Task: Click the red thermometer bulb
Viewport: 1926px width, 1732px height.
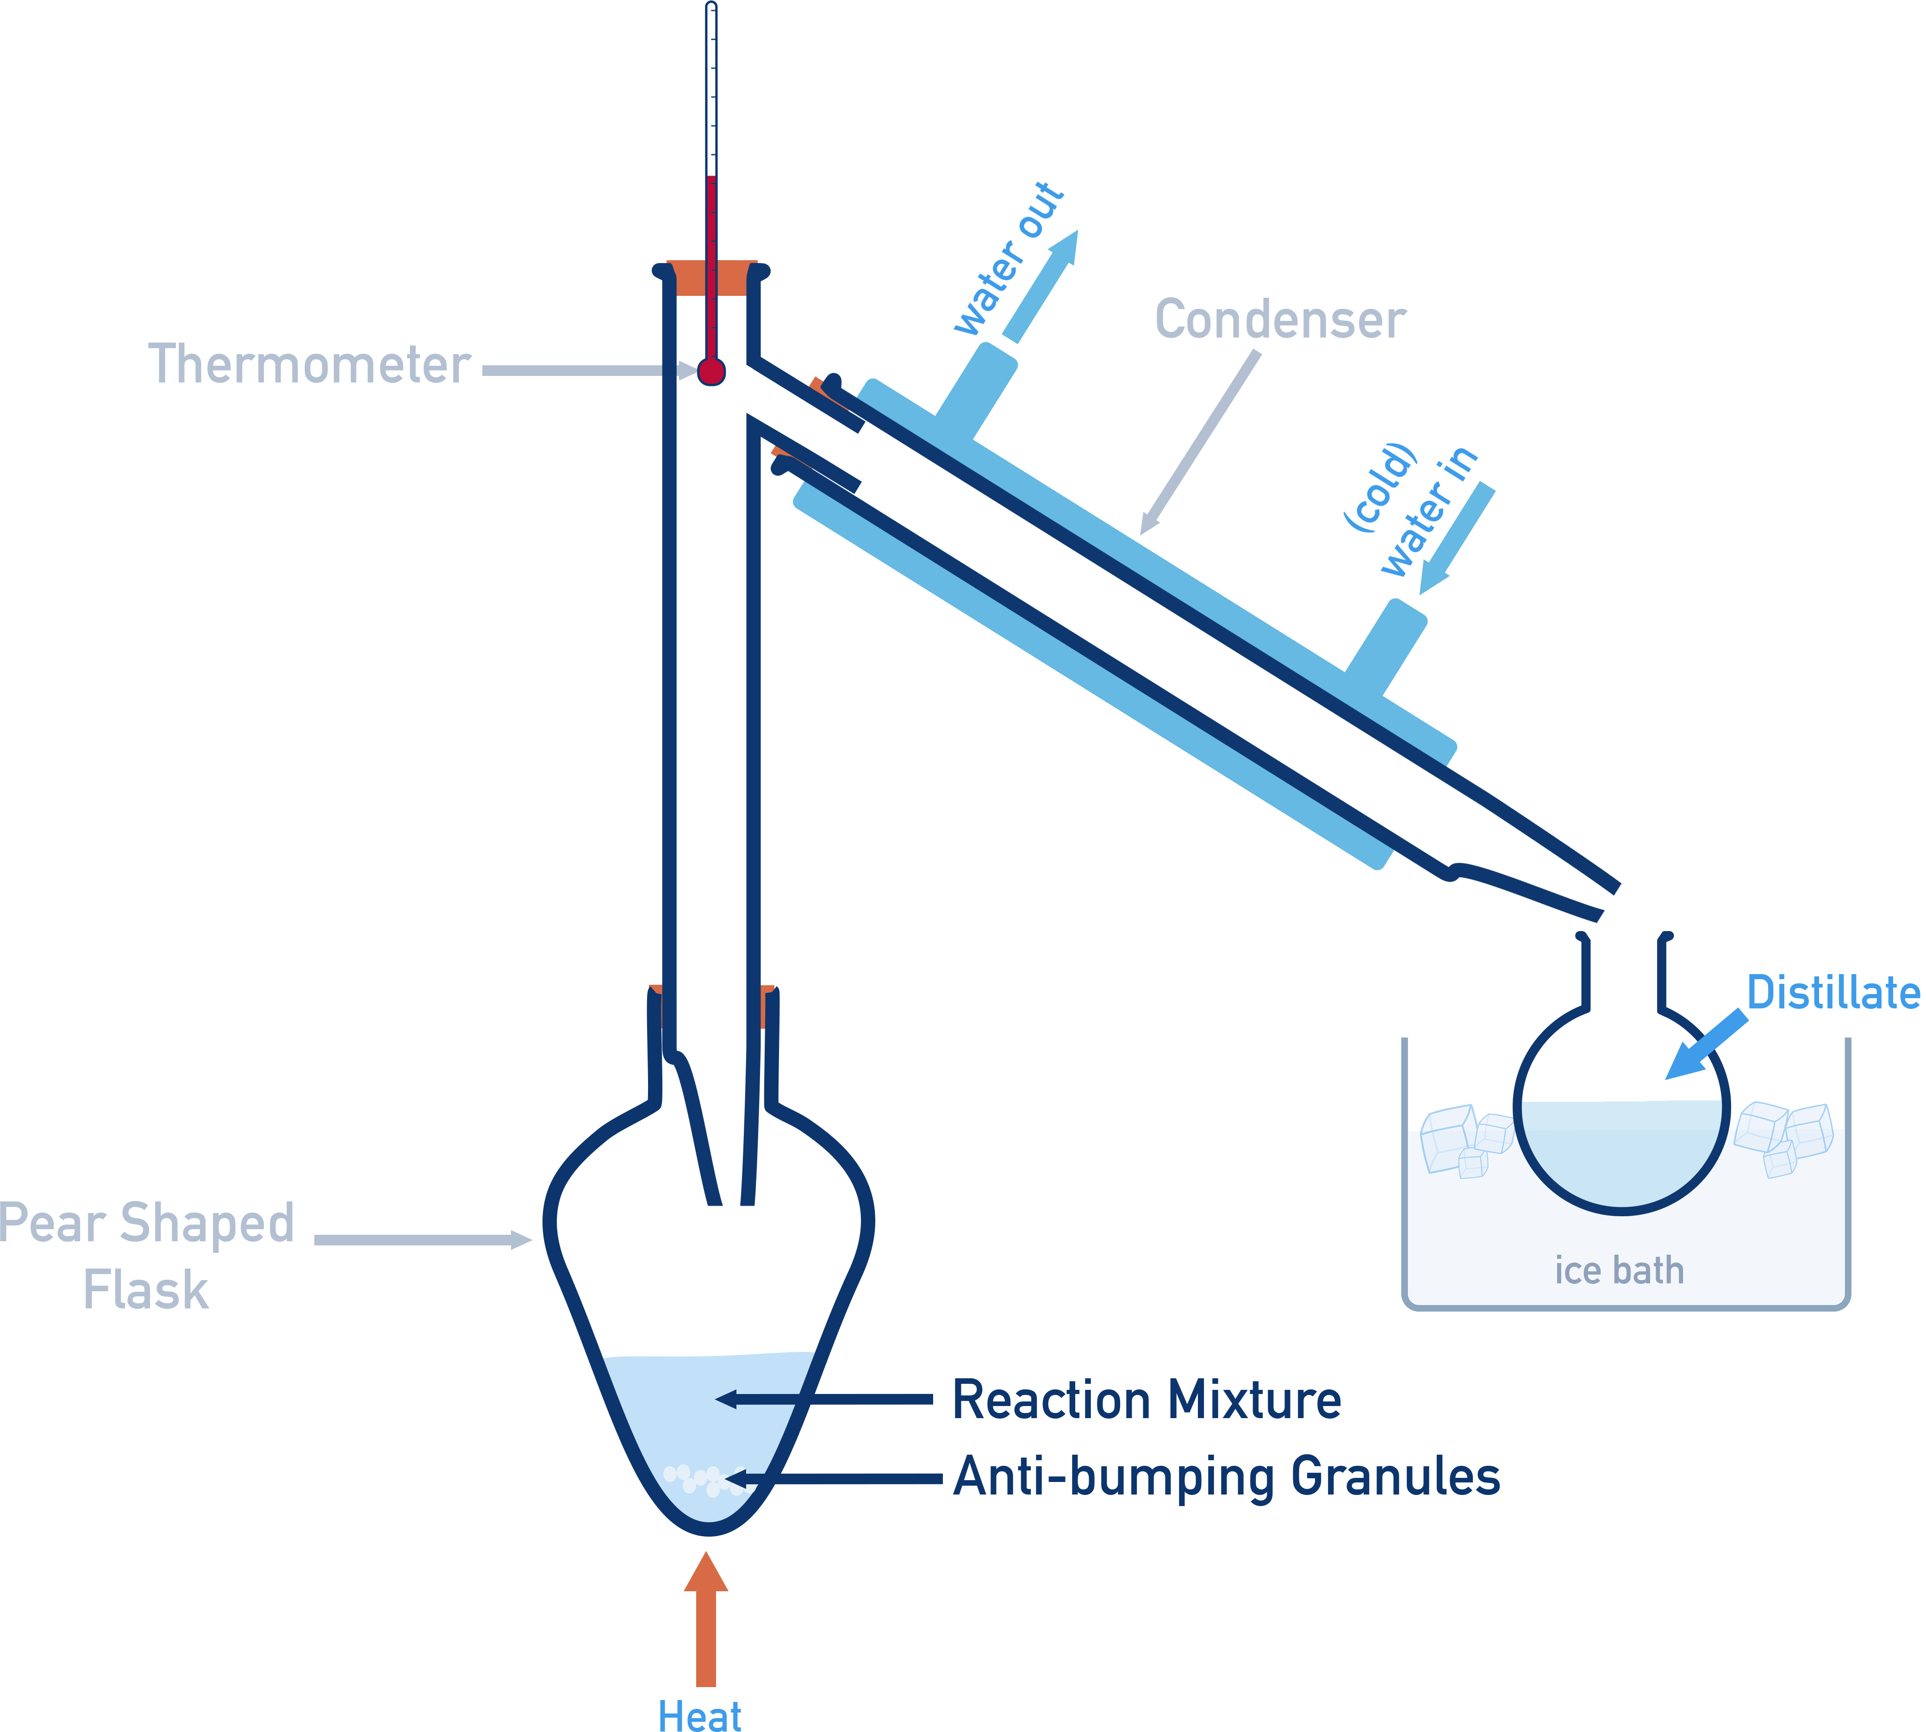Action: (x=711, y=371)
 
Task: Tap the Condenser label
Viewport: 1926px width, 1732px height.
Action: (x=1280, y=320)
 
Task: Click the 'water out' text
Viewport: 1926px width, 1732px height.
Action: (x=1009, y=259)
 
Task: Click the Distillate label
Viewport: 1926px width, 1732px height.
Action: (x=1833, y=993)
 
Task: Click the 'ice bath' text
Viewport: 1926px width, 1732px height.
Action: (x=1619, y=1270)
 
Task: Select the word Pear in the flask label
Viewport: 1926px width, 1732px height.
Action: (x=52, y=1224)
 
